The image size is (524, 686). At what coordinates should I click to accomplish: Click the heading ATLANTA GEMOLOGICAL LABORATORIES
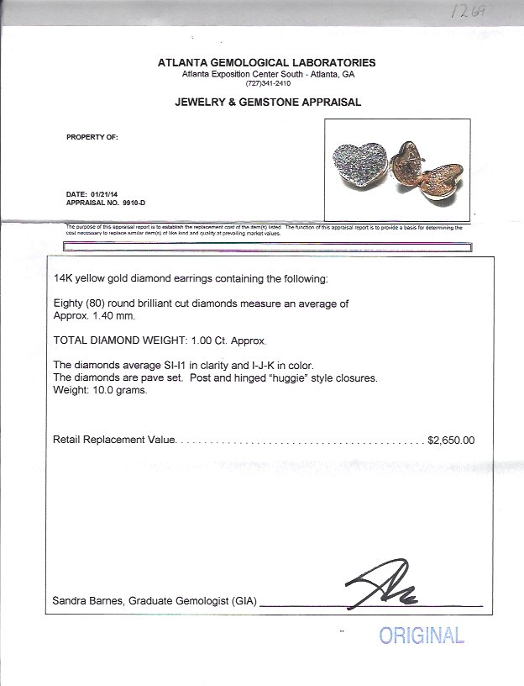point(266,62)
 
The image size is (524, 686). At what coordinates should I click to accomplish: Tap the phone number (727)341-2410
point(266,83)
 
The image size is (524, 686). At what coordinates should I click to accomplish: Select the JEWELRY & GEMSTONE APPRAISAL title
point(267,103)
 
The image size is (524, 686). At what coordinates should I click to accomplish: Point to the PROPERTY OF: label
point(92,137)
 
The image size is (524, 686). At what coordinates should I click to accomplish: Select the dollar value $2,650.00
point(451,440)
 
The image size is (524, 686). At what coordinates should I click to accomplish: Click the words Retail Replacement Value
point(114,440)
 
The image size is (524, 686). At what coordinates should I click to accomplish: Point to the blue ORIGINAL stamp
point(421,635)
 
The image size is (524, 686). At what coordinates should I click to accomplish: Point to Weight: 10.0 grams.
point(100,390)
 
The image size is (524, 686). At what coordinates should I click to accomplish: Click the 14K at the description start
point(62,277)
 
